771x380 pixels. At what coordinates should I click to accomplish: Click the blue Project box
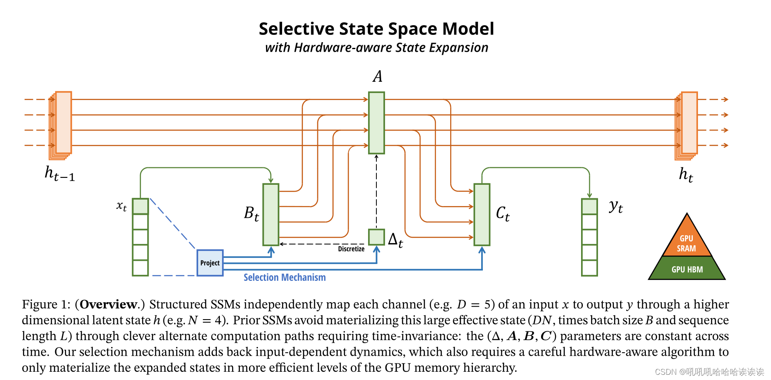(x=210, y=263)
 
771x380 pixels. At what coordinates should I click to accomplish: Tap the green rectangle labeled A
(x=376, y=123)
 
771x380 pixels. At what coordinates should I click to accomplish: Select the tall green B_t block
(x=271, y=214)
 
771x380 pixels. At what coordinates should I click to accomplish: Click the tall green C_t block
(x=482, y=214)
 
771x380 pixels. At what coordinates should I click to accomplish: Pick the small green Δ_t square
(x=376, y=237)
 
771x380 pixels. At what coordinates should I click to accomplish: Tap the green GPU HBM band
(x=687, y=269)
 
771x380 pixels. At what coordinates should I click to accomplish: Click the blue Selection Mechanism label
(x=284, y=277)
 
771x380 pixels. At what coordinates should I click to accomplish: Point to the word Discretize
(x=351, y=249)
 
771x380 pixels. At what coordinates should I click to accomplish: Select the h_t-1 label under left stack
(x=60, y=173)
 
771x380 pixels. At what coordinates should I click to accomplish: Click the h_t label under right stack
(x=686, y=174)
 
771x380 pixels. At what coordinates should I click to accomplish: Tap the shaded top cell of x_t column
(x=140, y=206)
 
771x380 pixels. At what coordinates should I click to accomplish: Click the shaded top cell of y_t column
(x=589, y=206)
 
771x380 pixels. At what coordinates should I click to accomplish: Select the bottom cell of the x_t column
(x=140, y=268)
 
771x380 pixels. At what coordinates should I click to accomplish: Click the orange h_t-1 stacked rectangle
(x=63, y=123)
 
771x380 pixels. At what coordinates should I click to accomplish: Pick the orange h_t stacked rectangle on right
(x=689, y=123)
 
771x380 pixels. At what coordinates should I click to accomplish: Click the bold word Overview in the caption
(x=108, y=304)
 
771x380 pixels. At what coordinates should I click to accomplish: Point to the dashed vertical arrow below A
(x=376, y=191)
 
